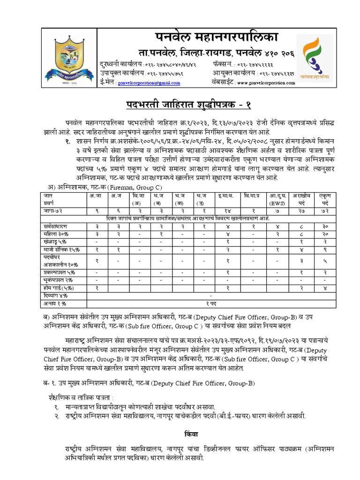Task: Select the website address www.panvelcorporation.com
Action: pos(266,82)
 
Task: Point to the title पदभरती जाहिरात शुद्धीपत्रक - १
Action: pos(180,104)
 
